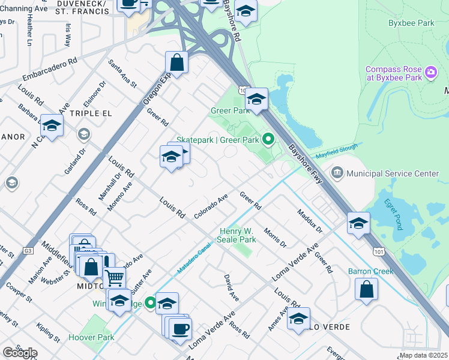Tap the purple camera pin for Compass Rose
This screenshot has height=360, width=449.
430,73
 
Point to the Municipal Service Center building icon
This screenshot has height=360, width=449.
337,173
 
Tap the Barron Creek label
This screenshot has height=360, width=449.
370,271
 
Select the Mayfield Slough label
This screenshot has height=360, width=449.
337,149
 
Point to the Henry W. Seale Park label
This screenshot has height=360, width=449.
238,235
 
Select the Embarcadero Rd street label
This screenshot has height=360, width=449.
50,70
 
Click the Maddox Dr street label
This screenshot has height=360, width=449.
309,221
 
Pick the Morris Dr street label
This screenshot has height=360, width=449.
275,237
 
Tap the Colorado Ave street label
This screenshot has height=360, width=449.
211,206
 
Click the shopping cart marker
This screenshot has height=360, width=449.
114,277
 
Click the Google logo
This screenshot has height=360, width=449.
20,353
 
